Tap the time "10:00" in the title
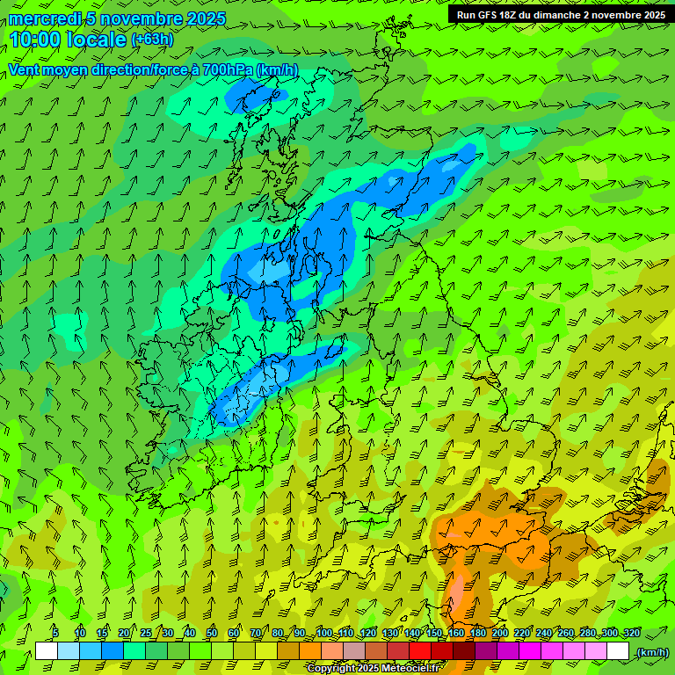37,40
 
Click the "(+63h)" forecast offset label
152,40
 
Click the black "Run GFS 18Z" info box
561,15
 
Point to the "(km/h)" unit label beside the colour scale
652,652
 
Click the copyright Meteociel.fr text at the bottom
373,669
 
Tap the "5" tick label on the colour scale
55,634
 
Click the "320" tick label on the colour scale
632,634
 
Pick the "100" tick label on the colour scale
324,634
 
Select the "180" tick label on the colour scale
477,634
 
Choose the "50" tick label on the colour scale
212,634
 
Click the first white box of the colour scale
47,651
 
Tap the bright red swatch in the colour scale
420,651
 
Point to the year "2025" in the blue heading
206,18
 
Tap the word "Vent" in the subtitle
25,69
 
